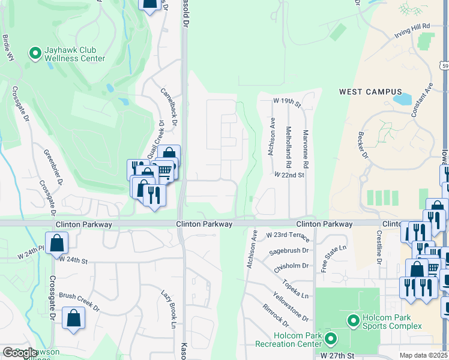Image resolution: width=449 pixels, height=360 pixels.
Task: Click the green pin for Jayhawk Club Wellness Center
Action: [35, 53]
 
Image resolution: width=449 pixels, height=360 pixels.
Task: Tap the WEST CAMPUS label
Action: [370, 92]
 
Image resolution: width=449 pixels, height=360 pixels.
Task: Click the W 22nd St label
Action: [289, 175]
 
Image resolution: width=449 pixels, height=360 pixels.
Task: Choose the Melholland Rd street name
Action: [289, 146]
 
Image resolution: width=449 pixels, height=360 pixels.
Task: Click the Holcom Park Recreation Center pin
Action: [330, 340]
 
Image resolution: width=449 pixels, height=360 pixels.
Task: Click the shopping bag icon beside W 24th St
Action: [56, 243]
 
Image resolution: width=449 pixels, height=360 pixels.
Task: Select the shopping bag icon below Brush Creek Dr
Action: [73, 319]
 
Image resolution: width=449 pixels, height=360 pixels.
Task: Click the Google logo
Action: [20, 353]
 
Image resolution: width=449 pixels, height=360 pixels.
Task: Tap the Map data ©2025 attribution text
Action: [424, 355]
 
